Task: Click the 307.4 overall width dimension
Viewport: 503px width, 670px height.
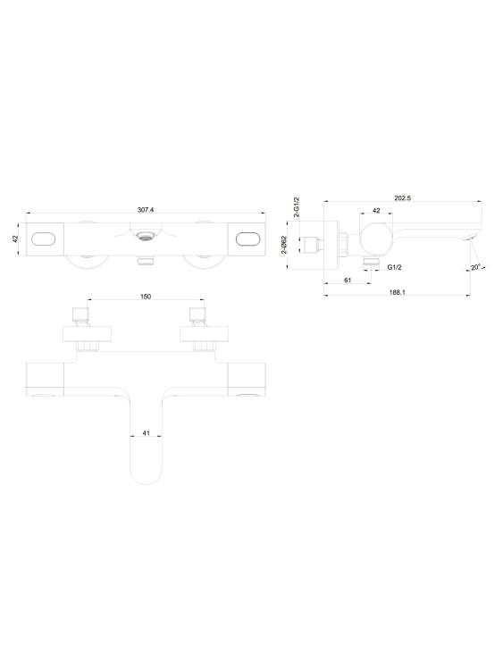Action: [x=146, y=210]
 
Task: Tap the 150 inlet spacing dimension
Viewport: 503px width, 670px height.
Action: [x=146, y=297]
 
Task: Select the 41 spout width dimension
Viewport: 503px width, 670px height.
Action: [x=147, y=433]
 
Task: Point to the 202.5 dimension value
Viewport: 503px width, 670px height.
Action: [x=403, y=197]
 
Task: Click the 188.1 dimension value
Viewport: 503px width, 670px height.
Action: [x=397, y=292]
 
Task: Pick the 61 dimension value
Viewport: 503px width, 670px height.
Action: [x=348, y=280]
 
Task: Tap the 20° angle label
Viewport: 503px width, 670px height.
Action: [x=476, y=267]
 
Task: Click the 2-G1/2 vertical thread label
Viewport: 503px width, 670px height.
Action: [x=297, y=207]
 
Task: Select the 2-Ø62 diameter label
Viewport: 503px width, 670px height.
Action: [x=283, y=246]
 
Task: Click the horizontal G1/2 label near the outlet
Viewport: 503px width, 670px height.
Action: [x=395, y=267]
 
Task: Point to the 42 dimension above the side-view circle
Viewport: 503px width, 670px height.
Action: [x=376, y=211]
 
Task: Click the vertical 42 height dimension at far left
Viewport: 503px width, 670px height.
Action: [x=16, y=239]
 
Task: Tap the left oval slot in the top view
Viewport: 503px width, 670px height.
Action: [x=44, y=239]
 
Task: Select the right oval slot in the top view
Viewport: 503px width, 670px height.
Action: [x=247, y=239]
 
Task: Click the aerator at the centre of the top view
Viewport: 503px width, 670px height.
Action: [x=147, y=236]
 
